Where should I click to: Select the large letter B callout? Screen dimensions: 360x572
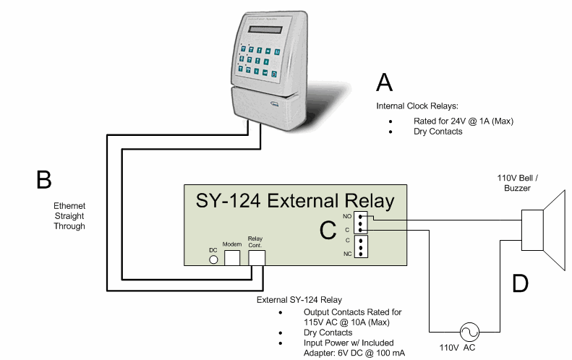pos(44,179)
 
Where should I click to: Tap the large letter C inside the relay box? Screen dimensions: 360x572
pos(328,230)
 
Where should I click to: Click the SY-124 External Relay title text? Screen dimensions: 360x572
pos(296,200)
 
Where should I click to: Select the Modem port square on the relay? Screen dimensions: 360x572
pos(232,257)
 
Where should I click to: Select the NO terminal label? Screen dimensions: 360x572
pos(347,216)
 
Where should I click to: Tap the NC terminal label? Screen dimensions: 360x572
pos(347,254)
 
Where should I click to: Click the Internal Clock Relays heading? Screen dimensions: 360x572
pos(417,106)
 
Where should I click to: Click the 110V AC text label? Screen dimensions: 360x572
pos(451,348)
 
